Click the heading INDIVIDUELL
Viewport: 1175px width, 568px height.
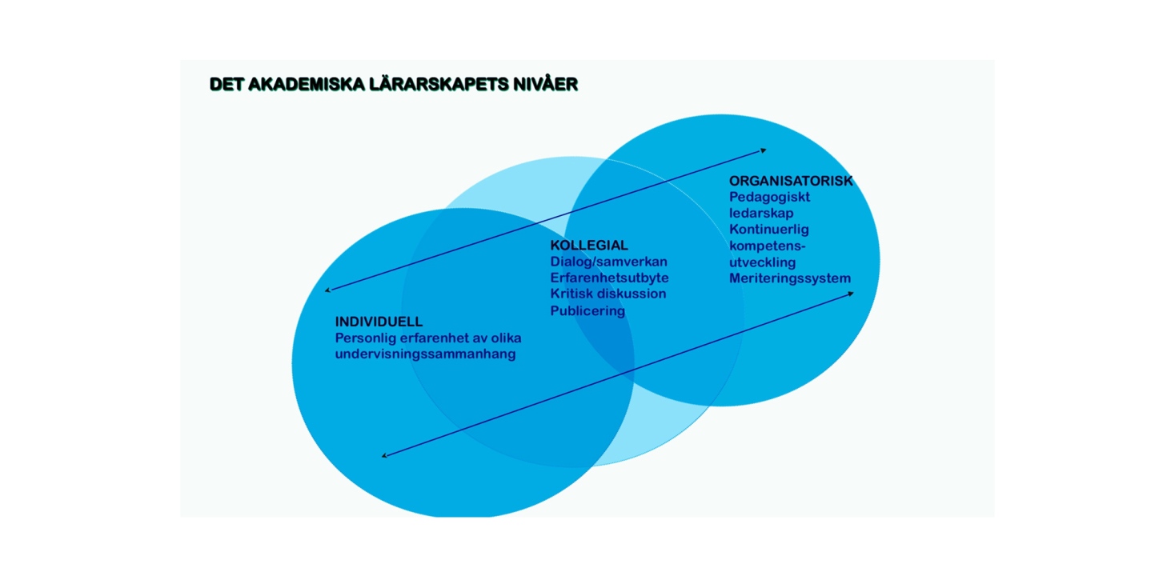pos(379,322)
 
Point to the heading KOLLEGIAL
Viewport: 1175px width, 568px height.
pos(589,245)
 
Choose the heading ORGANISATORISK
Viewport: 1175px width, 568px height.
pos(791,181)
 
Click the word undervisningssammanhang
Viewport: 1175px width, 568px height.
pos(425,354)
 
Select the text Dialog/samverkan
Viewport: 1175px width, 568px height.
pos(609,262)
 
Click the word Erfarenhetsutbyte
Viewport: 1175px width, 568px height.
pos(610,278)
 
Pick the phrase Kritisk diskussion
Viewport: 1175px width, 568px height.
pos(608,294)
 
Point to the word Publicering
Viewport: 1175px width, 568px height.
pos(587,311)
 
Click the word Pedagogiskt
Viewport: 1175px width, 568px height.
pos(769,198)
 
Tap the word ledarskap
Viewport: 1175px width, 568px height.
pos(761,214)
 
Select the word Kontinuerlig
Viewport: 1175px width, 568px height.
pos(769,230)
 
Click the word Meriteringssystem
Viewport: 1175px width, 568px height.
pos(790,278)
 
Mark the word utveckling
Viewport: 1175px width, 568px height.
pos(762,262)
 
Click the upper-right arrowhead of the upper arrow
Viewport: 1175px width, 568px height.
pos(764,150)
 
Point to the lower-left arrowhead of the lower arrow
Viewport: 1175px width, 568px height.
pos(384,456)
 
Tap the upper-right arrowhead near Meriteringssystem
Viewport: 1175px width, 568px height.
pos(851,294)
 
